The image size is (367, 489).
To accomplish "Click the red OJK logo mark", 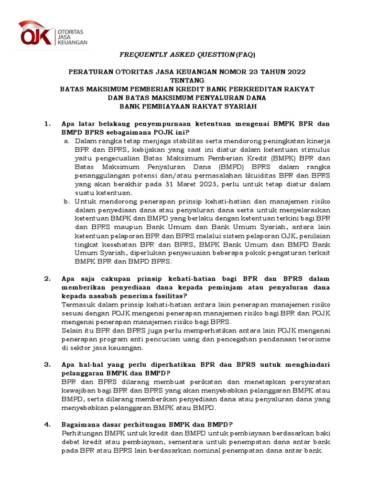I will click(x=36, y=33).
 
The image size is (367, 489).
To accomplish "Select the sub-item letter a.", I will click(x=67, y=141).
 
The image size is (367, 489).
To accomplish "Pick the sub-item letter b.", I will click(x=67, y=202).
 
